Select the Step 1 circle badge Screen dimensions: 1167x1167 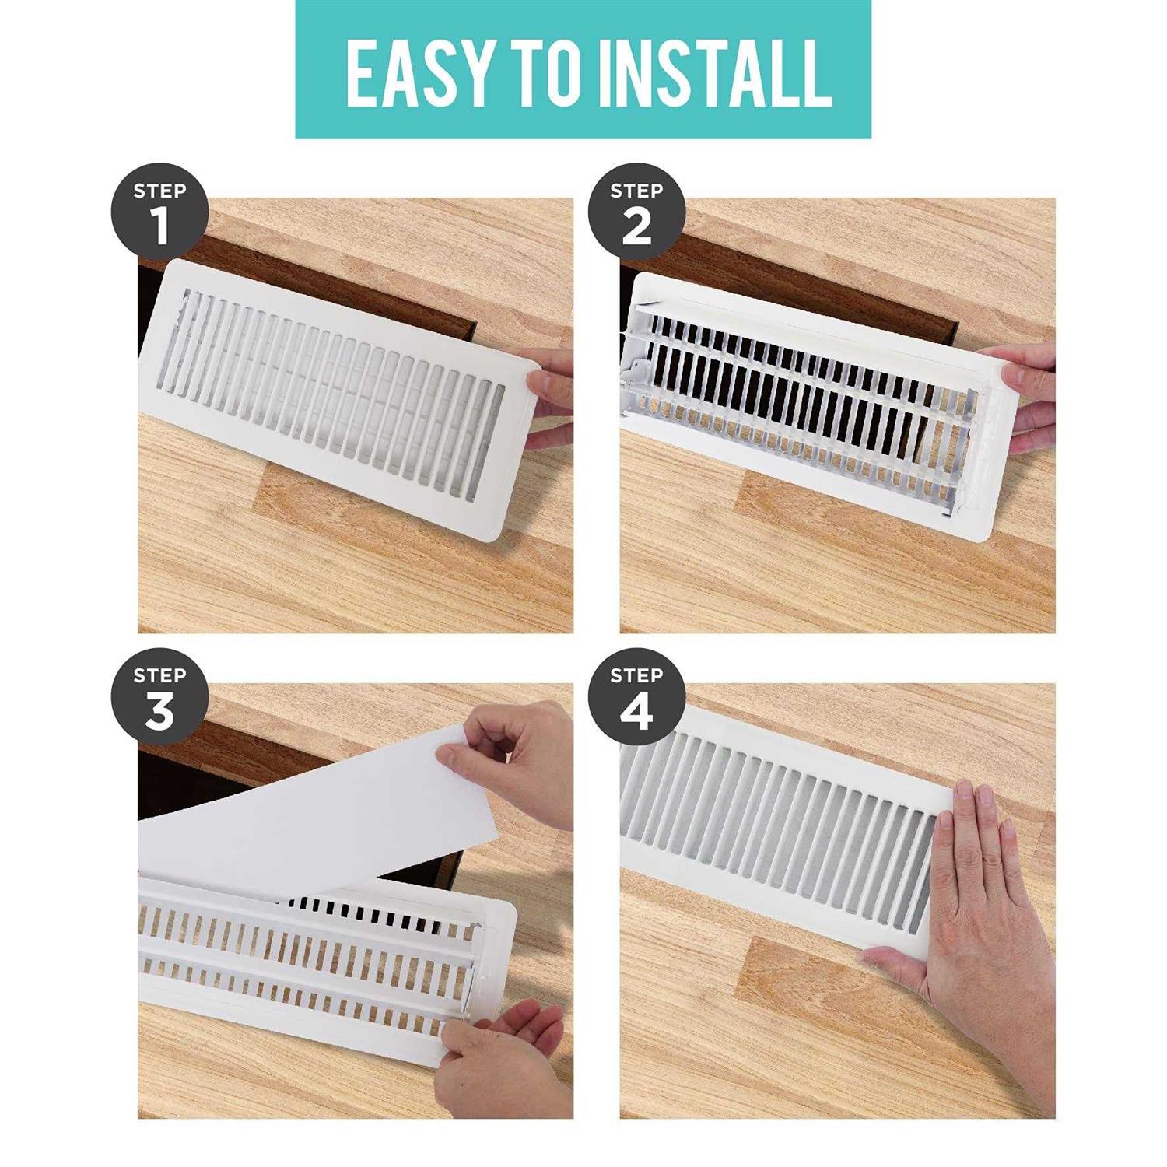pos(159,212)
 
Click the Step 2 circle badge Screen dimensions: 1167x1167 pos(636,212)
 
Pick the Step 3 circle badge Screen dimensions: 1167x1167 pos(159,697)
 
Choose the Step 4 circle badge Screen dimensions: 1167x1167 pos(636,697)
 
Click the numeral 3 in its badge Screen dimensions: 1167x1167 pos(159,712)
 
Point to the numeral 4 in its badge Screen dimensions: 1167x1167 pos(636,712)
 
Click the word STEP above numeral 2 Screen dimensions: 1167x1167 pos(636,191)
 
